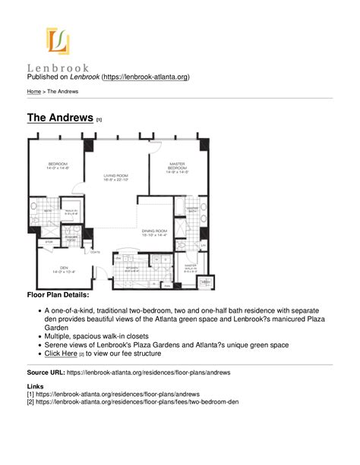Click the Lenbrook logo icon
click(x=57, y=41)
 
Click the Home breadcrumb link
click(x=34, y=91)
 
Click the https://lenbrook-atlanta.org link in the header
click(x=146, y=77)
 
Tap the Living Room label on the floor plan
click(x=117, y=178)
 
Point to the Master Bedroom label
click(x=177, y=167)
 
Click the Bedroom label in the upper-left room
click(x=58, y=165)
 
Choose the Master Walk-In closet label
click(x=190, y=268)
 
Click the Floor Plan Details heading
click(x=58, y=294)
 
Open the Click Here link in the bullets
click(x=61, y=353)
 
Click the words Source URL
click(x=45, y=373)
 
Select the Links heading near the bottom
click(x=36, y=387)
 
